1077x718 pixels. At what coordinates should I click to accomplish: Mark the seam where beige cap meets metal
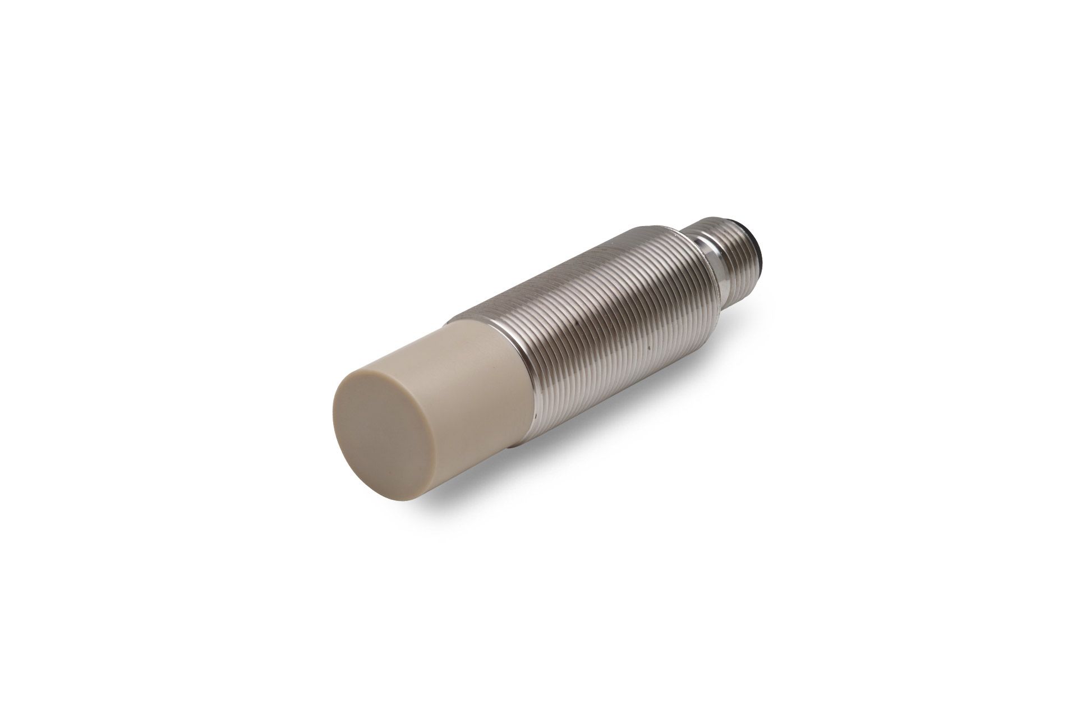point(508,359)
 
